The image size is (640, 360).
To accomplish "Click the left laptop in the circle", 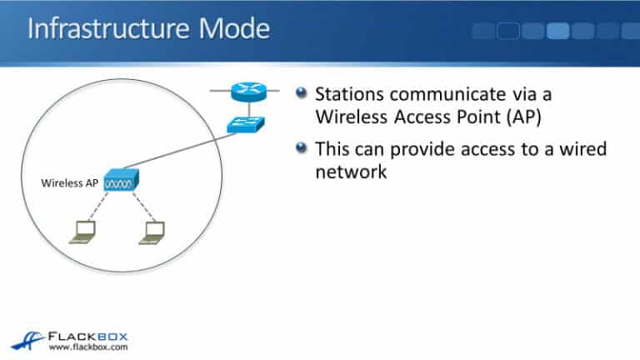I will click(82, 232).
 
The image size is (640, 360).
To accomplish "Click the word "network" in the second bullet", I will click(351, 172).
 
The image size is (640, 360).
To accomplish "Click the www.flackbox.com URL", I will click(87, 346).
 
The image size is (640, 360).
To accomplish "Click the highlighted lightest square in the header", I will click(557, 31).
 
